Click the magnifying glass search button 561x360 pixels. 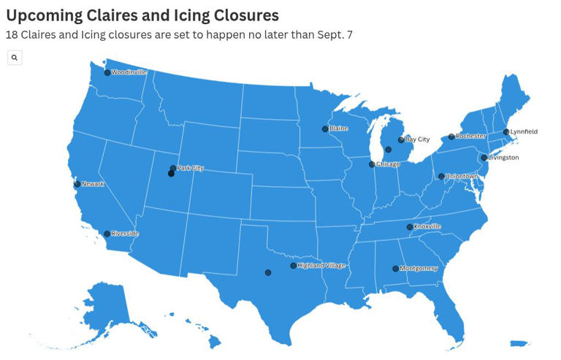click(x=15, y=58)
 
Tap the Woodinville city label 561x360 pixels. click(x=129, y=72)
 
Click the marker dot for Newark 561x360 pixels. click(x=77, y=184)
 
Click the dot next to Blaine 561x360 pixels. click(x=325, y=129)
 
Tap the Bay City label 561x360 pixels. click(x=417, y=139)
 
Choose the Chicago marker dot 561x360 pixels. click(x=372, y=164)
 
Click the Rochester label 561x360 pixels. click(x=470, y=136)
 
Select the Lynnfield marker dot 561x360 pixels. click(x=506, y=132)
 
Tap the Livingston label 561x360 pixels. click(x=503, y=158)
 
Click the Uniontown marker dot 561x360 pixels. click(x=441, y=176)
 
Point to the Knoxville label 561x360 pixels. click(x=427, y=226)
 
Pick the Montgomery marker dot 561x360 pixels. click(x=395, y=269)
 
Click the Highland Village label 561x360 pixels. click(x=321, y=266)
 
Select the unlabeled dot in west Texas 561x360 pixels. click(x=268, y=272)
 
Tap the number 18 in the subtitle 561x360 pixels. click(x=12, y=34)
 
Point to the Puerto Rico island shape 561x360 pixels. click(x=519, y=343)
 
